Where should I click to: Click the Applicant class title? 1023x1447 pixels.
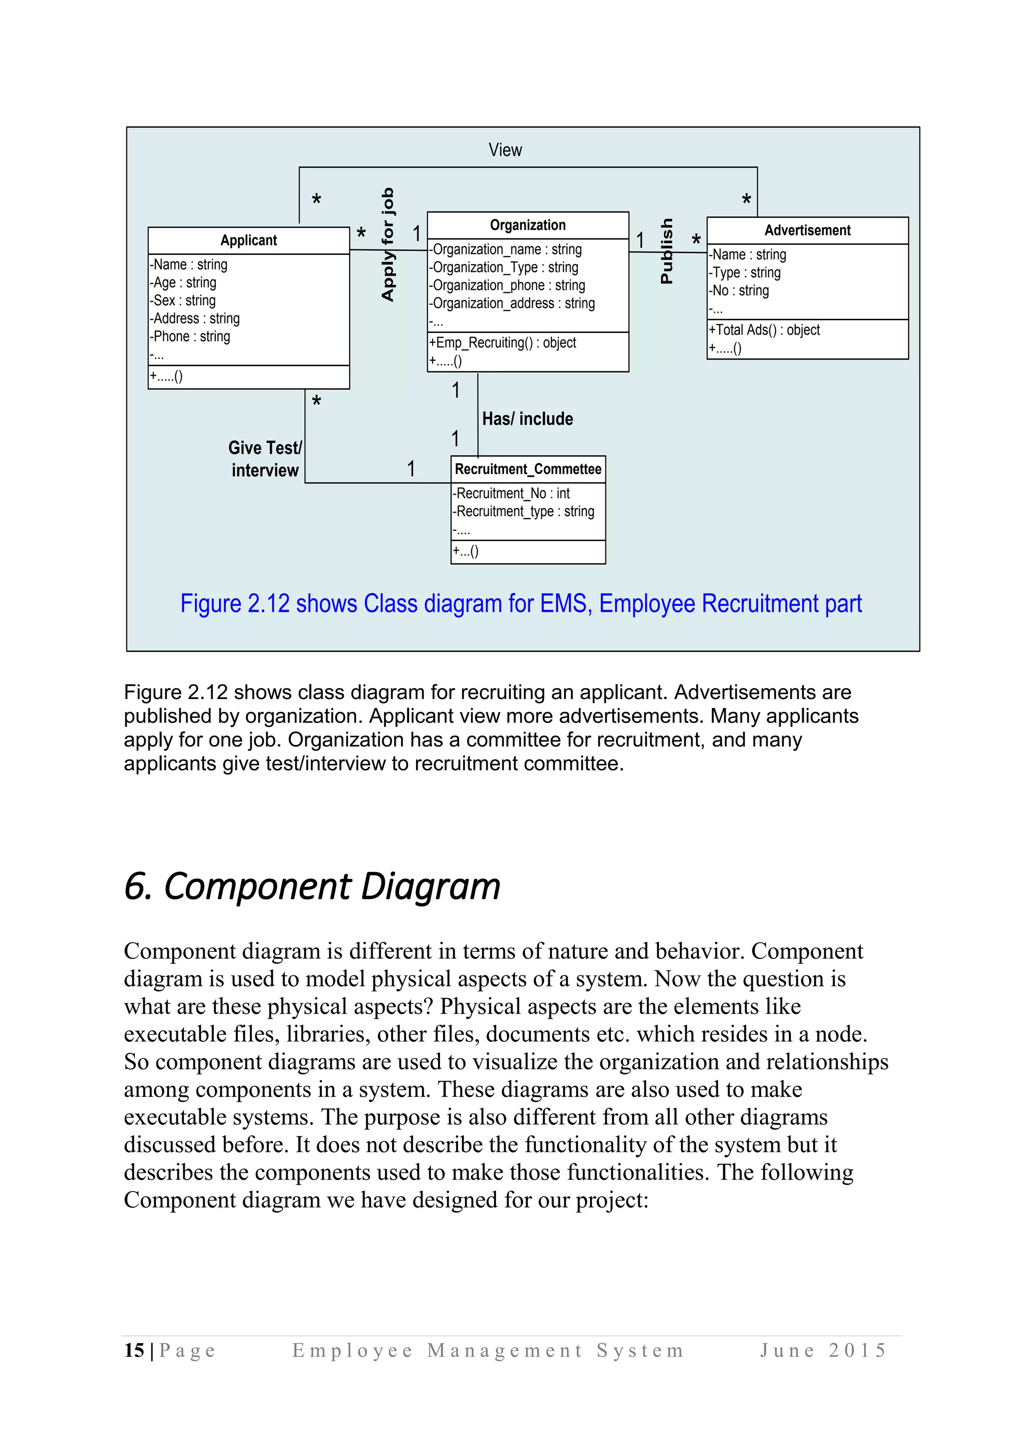click(x=248, y=240)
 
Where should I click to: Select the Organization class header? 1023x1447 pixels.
click(x=527, y=225)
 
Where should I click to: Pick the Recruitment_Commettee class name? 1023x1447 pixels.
click(x=528, y=469)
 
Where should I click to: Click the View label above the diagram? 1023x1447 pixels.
click(x=505, y=150)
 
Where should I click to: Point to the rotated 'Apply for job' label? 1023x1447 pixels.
click(x=388, y=244)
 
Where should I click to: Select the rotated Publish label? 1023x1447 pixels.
click(x=666, y=251)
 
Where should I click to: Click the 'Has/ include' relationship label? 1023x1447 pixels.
click(x=527, y=419)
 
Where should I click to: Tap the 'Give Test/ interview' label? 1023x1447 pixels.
click(x=265, y=459)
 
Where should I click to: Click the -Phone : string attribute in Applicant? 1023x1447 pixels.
click(x=190, y=337)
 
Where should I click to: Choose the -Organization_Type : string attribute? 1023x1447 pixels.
click(x=504, y=267)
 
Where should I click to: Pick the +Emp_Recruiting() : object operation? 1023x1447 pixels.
click(x=503, y=343)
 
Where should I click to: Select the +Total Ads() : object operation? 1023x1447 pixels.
click(x=764, y=330)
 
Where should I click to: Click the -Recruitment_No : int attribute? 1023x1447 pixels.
click(x=511, y=494)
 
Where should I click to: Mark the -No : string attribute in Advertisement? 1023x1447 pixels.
click(x=739, y=290)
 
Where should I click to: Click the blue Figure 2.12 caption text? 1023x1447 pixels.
click(x=520, y=603)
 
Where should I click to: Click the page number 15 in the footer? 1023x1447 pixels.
click(x=134, y=1350)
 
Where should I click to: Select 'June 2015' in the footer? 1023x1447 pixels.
click(x=823, y=1350)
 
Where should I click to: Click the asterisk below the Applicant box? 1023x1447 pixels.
click(x=317, y=401)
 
